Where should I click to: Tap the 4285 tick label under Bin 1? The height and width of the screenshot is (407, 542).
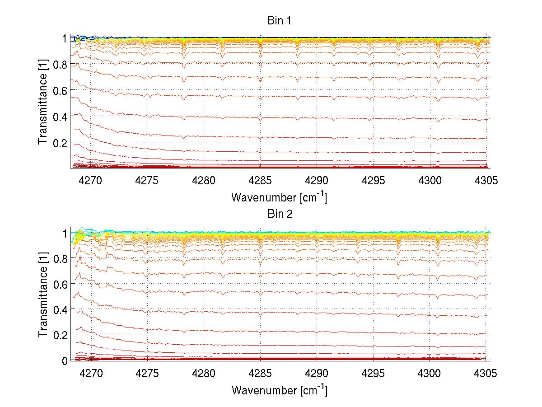tap(260, 181)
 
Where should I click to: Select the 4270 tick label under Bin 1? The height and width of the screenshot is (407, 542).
tap(90, 181)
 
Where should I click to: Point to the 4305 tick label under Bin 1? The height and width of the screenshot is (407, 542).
tap(486, 181)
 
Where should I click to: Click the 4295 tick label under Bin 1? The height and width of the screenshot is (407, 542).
tap(374, 181)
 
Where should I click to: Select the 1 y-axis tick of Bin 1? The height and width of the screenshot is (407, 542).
tap(65, 38)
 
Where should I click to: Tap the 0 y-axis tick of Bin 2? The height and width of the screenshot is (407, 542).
tap(65, 360)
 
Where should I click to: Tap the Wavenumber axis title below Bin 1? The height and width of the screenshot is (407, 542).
tap(279, 197)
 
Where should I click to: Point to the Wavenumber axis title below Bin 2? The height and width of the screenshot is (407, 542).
tap(279, 390)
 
